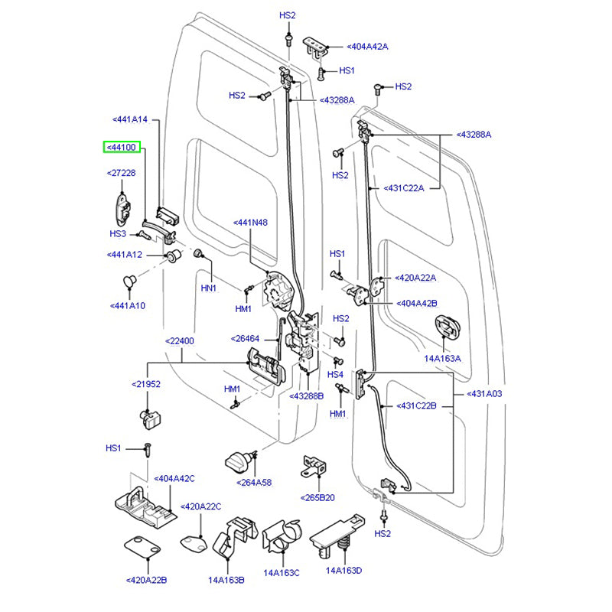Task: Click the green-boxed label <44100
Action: pyautogui.click(x=122, y=147)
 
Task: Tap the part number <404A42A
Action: pyautogui.click(x=367, y=47)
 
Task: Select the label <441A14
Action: pyautogui.click(x=135, y=120)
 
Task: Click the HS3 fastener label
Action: pyautogui.click(x=118, y=234)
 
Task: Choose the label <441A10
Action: pyautogui.click(x=128, y=306)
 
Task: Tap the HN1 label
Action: pyautogui.click(x=209, y=288)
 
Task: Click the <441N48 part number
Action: pyautogui.click(x=251, y=223)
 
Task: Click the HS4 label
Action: pyautogui.click(x=336, y=374)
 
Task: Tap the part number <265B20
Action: pyautogui.click(x=317, y=497)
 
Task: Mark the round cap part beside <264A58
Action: pyautogui.click(x=240, y=463)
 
